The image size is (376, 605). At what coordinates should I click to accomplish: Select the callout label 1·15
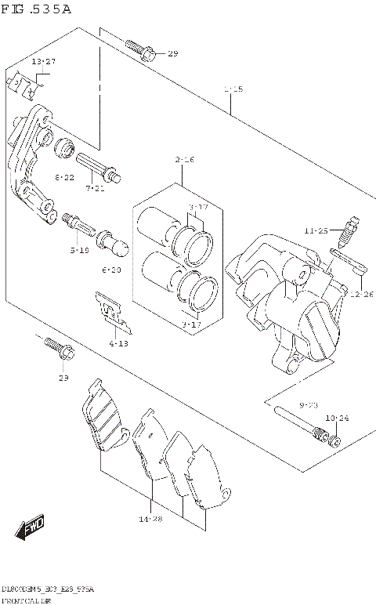tap(232, 89)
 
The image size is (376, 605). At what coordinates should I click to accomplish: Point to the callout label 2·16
tap(185, 160)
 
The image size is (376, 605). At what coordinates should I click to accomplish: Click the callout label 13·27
tap(43, 61)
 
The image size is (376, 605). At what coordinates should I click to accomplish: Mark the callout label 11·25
tap(316, 231)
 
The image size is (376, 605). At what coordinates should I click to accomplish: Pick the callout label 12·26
tap(361, 294)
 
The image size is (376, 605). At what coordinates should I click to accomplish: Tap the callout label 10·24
tap(338, 418)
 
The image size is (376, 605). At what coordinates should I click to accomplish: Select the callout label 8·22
tap(64, 178)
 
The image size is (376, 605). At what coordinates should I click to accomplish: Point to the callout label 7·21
tap(95, 188)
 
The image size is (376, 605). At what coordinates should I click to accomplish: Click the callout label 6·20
tap(111, 270)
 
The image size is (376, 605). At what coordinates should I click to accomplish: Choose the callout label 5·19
tap(78, 250)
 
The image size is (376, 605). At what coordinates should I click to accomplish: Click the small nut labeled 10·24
tap(335, 439)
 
